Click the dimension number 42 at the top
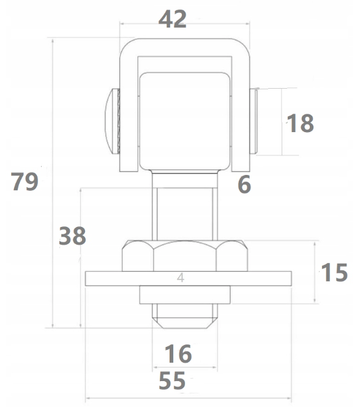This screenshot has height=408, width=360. pyautogui.click(x=173, y=19)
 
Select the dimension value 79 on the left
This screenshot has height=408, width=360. pyautogui.click(x=24, y=181)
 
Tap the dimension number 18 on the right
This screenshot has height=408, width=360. pyautogui.click(x=300, y=124)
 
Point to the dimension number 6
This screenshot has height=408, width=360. pyautogui.click(x=244, y=185)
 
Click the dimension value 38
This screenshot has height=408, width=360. pyautogui.click(x=72, y=236)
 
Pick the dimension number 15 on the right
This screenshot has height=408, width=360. pyautogui.click(x=334, y=272)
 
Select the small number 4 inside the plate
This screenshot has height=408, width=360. pyautogui.click(x=181, y=278)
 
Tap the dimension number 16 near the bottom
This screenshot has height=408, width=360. pyautogui.click(x=178, y=354)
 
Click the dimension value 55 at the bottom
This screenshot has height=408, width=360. pyautogui.click(x=172, y=380)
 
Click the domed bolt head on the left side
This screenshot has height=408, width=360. pyautogui.click(x=113, y=121)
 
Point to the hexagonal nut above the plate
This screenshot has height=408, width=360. pyautogui.click(x=185, y=256)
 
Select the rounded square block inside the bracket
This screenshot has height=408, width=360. pyautogui.click(x=185, y=121)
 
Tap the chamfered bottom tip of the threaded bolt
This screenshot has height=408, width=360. pyautogui.click(x=185, y=322)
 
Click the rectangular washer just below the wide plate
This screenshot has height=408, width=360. pyautogui.click(x=185, y=295)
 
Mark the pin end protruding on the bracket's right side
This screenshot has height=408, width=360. pyautogui.click(x=253, y=121)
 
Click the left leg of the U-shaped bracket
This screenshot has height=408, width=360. pyautogui.click(x=129, y=114)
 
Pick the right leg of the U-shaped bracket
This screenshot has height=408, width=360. pyautogui.click(x=241, y=114)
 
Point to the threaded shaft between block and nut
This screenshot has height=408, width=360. pyautogui.click(x=185, y=214)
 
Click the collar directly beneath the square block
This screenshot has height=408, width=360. pyautogui.click(x=185, y=180)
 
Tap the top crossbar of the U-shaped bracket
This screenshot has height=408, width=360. pyautogui.click(x=185, y=47)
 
